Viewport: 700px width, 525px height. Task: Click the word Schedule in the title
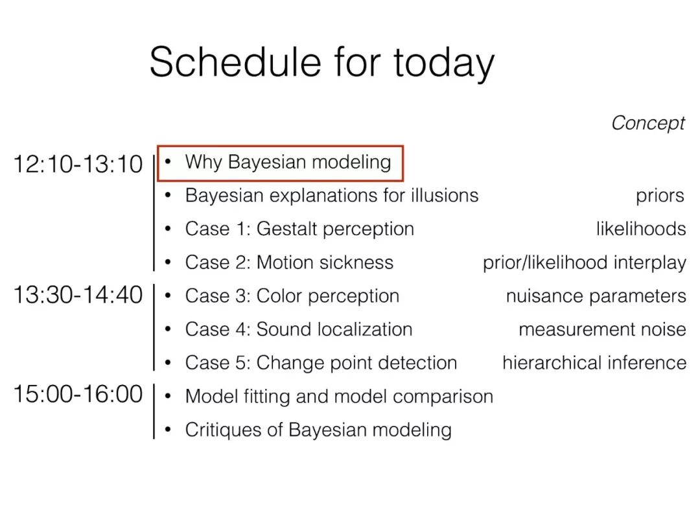point(235,62)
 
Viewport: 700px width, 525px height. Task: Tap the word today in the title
point(444,65)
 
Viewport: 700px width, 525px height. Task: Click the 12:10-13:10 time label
point(78,164)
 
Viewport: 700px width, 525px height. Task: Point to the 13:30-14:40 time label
point(78,295)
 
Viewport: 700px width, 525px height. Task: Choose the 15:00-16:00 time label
point(78,394)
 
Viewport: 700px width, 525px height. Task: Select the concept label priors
point(660,196)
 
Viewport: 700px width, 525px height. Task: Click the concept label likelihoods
point(641,229)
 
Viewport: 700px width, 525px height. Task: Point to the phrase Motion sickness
point(325,262)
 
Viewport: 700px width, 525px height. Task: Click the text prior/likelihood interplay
point(585,263)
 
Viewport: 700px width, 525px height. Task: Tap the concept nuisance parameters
point(596,296)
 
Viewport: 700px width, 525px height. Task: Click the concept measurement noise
point(603,329)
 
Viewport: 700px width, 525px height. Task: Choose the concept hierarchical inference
point(594,362)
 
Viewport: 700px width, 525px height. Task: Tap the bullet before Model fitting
point(168,395)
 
